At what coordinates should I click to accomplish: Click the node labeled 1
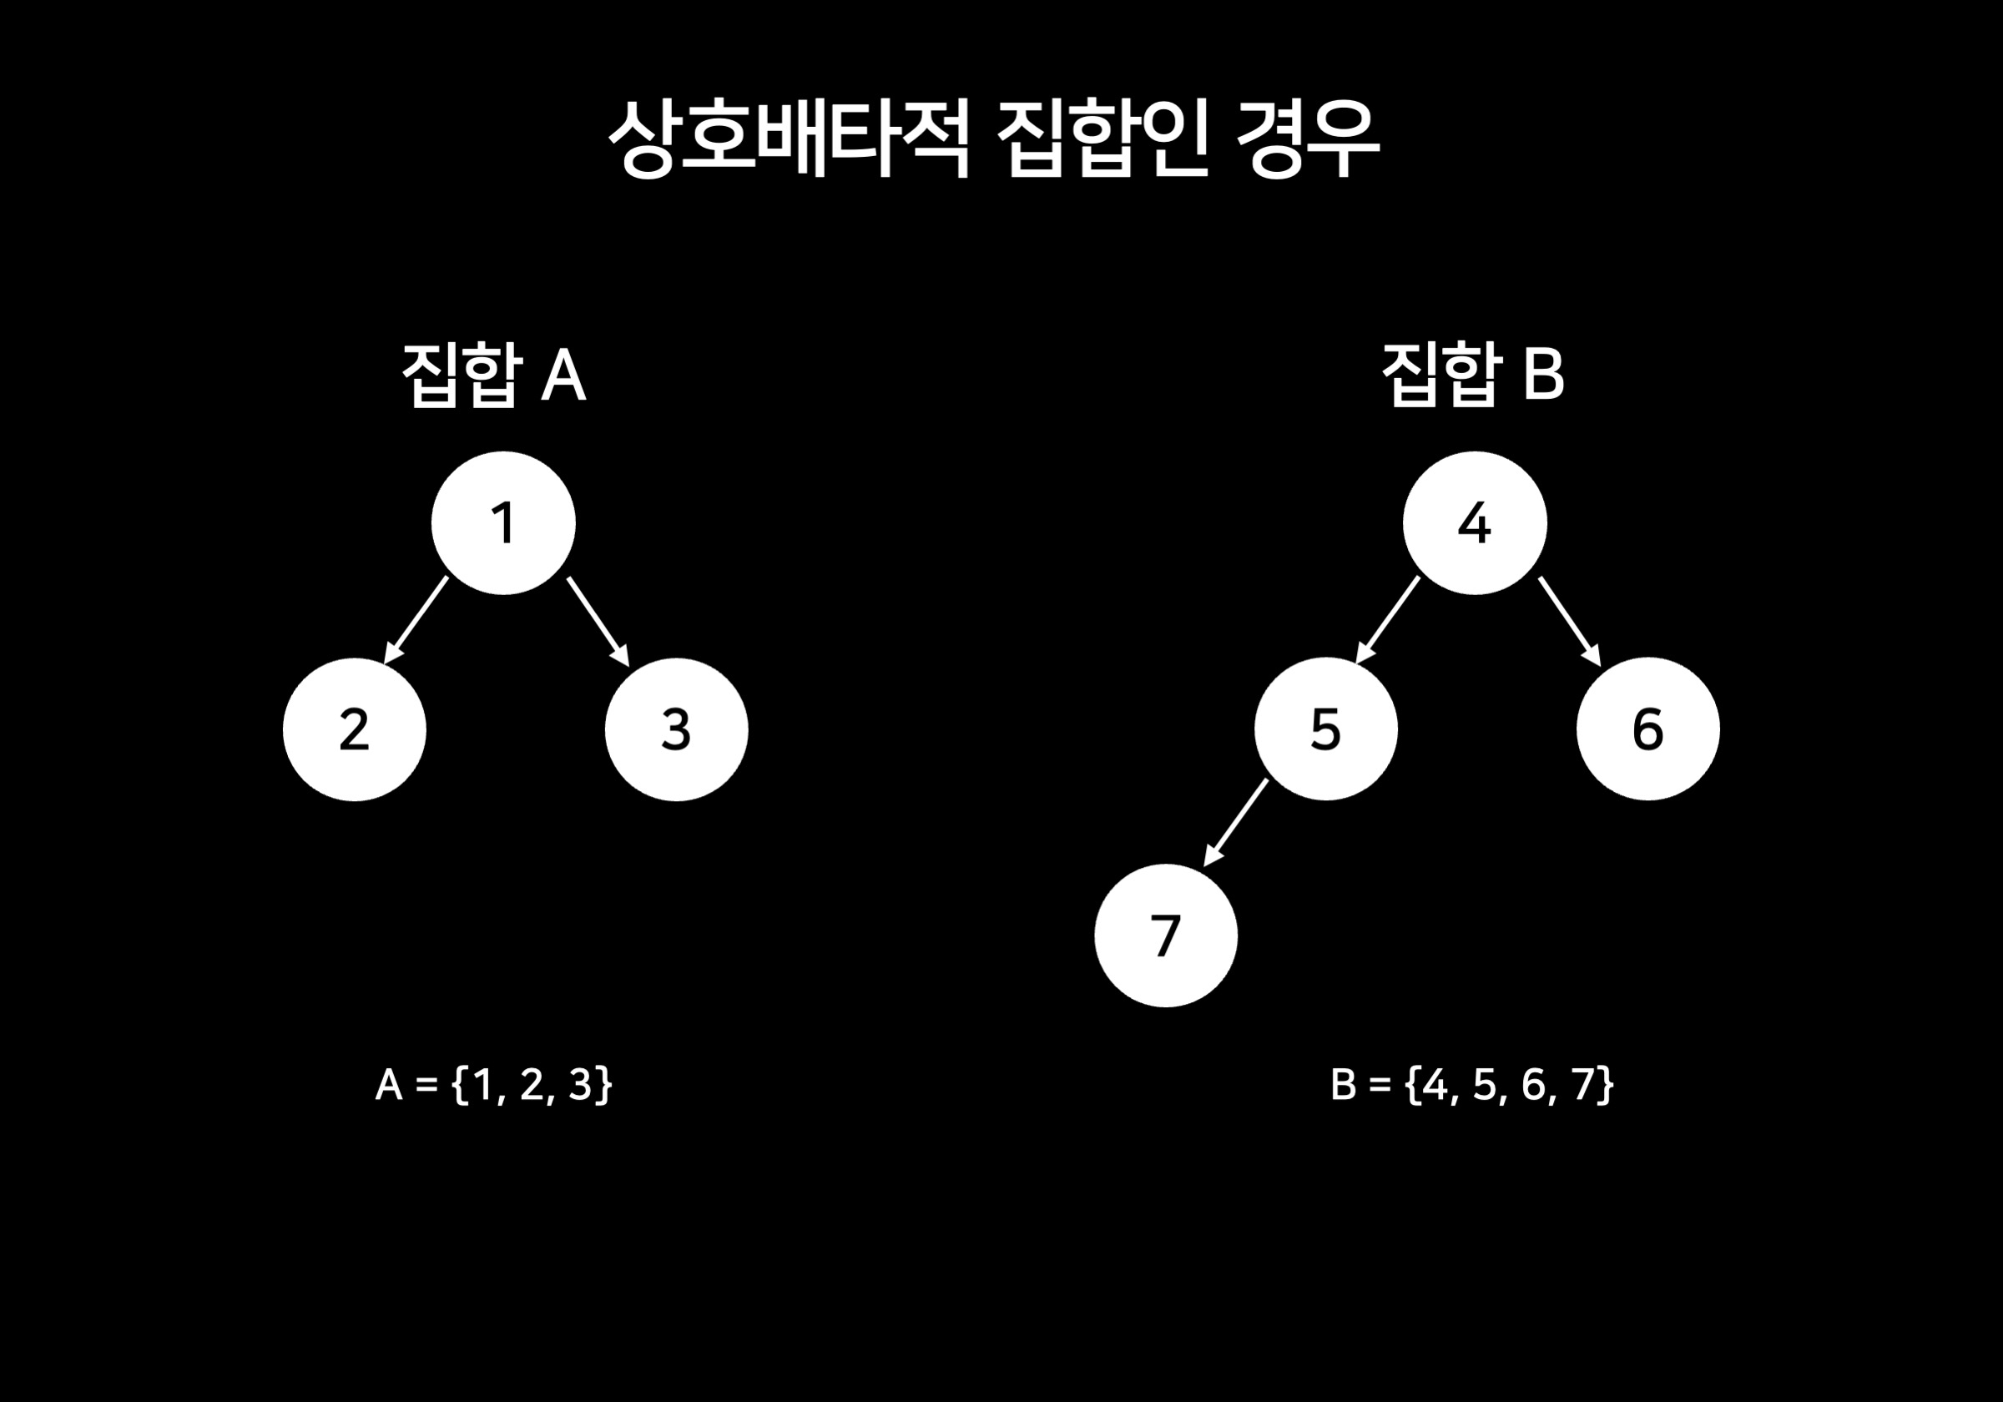[503, 523]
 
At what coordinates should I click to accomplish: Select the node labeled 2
[354, 729]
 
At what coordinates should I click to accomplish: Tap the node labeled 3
[676, 729]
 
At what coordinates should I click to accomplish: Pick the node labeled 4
[1475, 523]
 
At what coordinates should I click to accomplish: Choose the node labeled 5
[1325, 729]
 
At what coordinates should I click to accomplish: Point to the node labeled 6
[1648, 729]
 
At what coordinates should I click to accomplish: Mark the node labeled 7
[1166, 936]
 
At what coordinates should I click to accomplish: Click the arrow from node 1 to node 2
[417, 619]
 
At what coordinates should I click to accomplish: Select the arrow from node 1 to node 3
[598, 620]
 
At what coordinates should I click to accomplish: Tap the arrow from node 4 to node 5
[1388, 619]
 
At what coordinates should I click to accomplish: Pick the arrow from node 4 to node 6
[1568, 620]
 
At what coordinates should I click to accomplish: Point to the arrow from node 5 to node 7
[1235, 823]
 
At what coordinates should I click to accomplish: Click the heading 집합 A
[493, 376]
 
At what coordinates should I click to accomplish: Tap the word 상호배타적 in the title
[788, 139]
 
